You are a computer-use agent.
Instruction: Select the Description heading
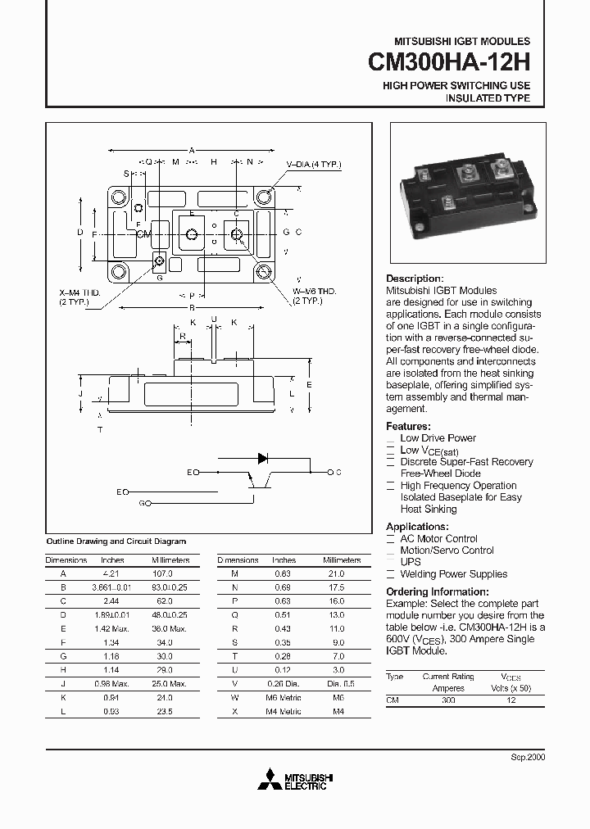[414, 279]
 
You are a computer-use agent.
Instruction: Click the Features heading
[408, 427]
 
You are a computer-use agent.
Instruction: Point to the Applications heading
[417, 527]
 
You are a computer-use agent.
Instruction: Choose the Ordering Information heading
[437, 591]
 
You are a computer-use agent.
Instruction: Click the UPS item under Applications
[411, 562]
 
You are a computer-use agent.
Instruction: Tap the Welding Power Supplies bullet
[453, 574]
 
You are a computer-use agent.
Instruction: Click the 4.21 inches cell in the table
[111, 574]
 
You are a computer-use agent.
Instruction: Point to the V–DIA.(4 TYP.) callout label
[313, 165]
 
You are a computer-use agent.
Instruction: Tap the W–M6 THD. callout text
[315, 292]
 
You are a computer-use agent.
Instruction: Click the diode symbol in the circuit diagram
[263, 458]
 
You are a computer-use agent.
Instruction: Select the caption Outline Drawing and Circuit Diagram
[116, 541]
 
